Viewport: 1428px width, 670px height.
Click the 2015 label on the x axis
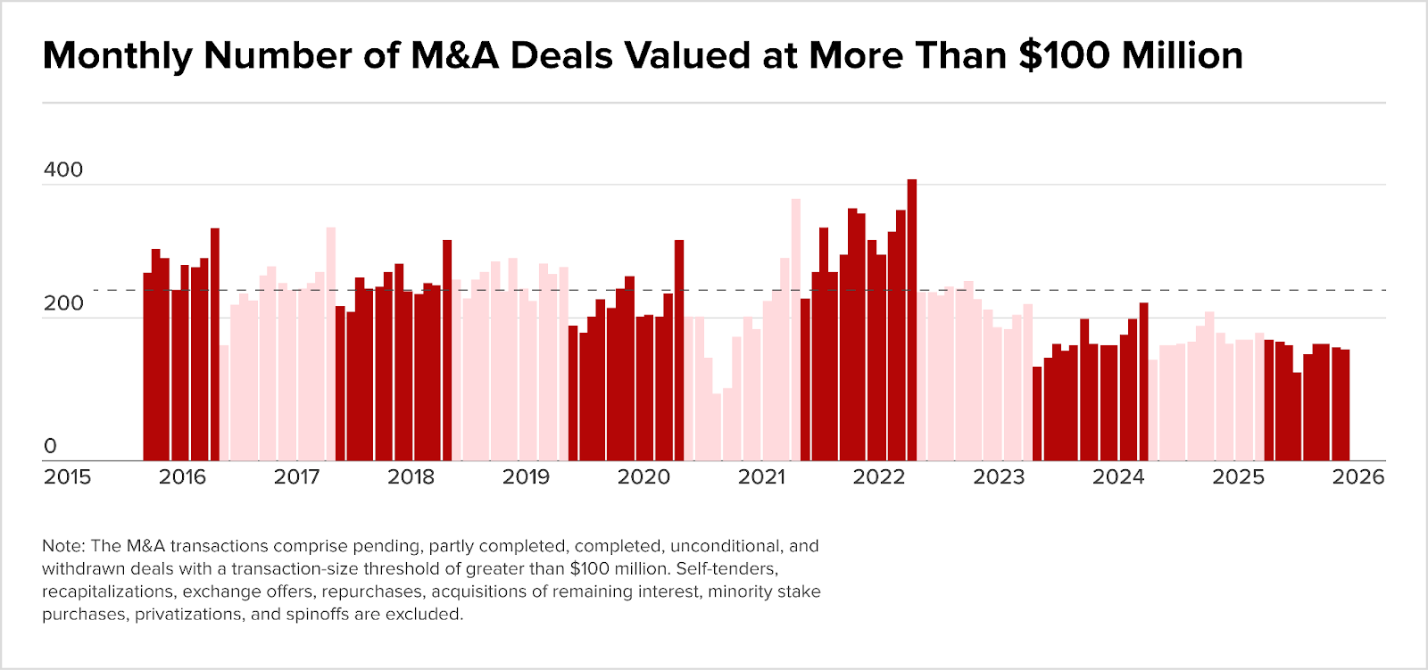(x=67, y=477)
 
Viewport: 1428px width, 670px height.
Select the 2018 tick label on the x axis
(x=411, y=477)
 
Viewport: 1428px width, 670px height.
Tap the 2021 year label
(x=761, y=477)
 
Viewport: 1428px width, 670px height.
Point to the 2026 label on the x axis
(x=1357, y=477)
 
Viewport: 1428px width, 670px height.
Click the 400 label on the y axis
(x=62, y=170)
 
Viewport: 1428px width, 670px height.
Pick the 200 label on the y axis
(x=62, y=303)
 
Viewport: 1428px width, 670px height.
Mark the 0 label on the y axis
(x=50, y=446)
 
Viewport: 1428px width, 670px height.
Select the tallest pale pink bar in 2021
(x=796, y=330)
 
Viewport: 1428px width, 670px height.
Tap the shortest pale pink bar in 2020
(x=717, y=427)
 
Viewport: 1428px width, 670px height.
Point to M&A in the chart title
(x=454, y=56)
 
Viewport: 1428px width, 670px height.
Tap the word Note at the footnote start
(x=62, y=546)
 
